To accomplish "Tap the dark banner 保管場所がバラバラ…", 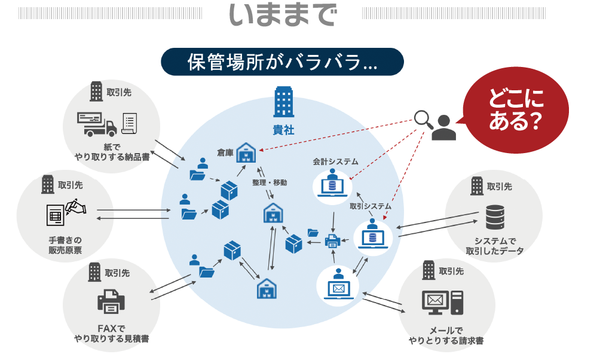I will point(282,62).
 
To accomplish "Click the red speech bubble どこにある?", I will point(515,109).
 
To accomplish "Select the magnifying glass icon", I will point(425,118).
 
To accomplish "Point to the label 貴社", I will point(283,129).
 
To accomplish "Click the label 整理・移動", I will point(270,182).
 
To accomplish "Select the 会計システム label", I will point(335,161).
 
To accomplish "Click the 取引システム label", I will point(371,206).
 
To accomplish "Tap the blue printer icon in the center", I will point(332,241).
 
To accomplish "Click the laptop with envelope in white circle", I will point(339,285).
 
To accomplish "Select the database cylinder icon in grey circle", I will point(494,218).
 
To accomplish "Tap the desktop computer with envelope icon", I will point(442,303).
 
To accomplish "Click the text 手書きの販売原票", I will point(65,245).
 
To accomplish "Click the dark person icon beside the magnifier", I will point(443,127).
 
